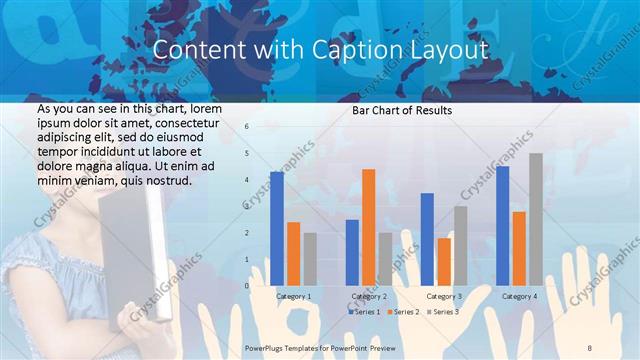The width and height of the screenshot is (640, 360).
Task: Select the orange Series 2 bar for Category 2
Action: pyautogui.click(x=368, y=227)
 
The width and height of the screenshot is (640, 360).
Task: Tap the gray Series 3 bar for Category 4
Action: pyautogui.click(x=535, y=219)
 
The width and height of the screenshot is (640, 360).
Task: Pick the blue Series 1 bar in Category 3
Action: pyautogui.click(x=427, y=239)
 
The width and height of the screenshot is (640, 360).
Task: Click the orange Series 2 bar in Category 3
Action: pyautogui.click(x=444, y=261)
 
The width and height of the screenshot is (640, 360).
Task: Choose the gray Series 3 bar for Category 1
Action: pyautogui.click(x=310, y=259)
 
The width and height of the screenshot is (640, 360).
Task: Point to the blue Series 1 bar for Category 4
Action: pyautogui.click(x=502, y=226)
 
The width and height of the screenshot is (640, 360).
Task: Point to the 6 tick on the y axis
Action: pyautogui.click(x=246, y=127)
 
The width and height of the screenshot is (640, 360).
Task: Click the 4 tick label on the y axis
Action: pyautogui.click(x=246, y=180)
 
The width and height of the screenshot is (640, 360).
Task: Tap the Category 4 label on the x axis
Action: pyautogui.click(x=518, y=296)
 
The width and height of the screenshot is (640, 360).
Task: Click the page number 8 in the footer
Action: pyautogui.click(x=589, y=346)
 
